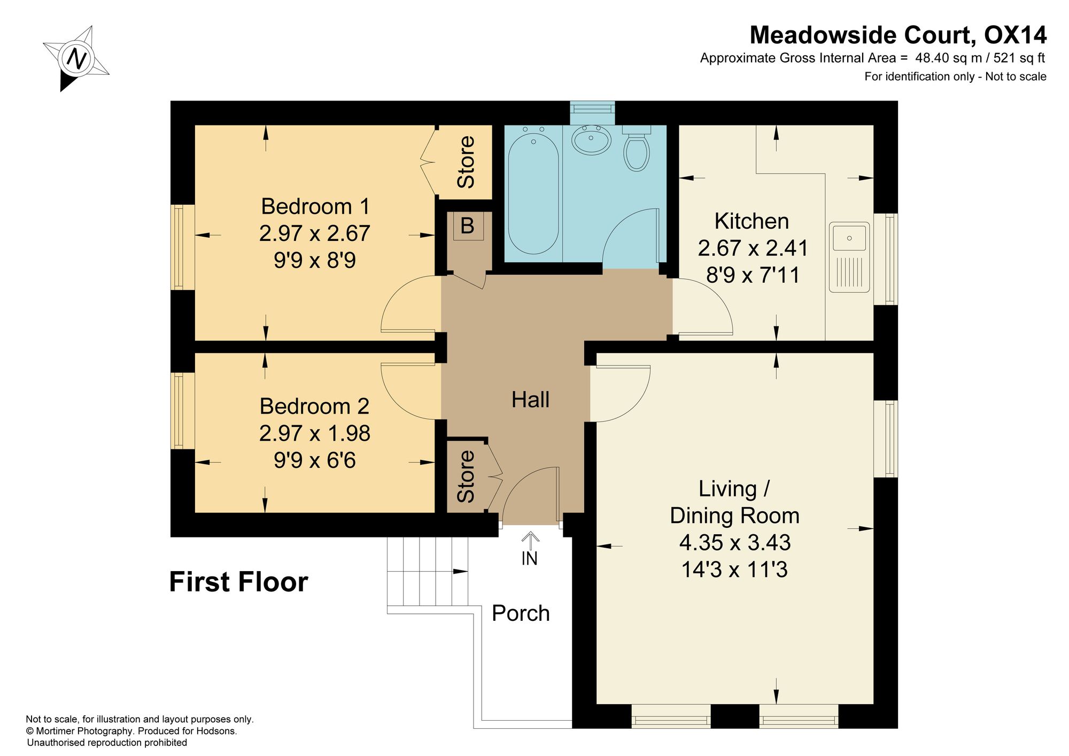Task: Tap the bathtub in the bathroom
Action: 533,190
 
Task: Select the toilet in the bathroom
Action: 637,149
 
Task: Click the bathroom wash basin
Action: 592,140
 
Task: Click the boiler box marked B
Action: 468,226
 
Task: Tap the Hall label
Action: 530,400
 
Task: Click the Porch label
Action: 521,613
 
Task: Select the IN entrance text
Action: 529,559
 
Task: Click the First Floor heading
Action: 238,582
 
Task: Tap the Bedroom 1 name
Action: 315,206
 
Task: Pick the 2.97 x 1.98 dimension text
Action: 315,433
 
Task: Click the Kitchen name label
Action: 752,221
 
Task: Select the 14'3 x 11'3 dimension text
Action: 734,570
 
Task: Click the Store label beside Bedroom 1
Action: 466,162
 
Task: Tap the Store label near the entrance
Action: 466,477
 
